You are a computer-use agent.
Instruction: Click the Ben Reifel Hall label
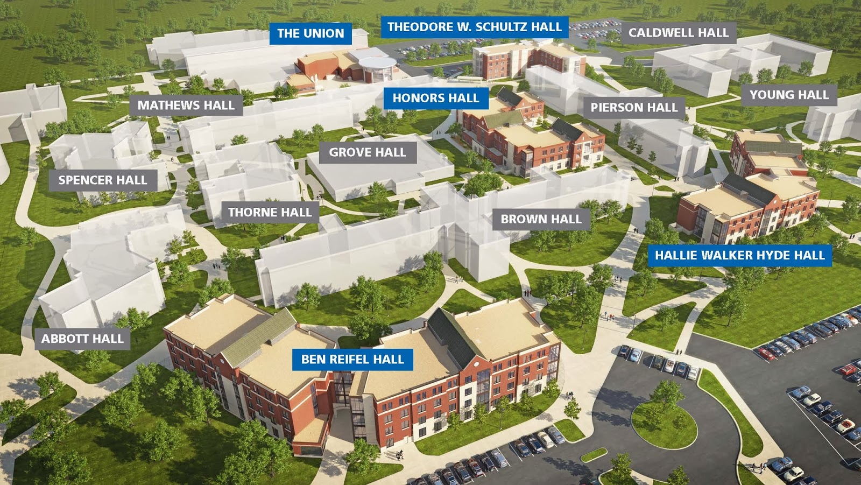pos(352,360)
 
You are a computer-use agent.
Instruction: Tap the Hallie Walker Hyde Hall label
pos(739,255)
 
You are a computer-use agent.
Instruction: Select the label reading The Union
pos(310,33)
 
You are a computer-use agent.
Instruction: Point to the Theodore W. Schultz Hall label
pos(474,27)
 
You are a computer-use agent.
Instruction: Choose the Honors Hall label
pos(435,98)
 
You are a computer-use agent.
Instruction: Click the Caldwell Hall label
pos(678,33)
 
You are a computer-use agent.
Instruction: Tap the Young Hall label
pos(789,95)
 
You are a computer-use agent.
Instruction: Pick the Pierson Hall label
pos(634,108)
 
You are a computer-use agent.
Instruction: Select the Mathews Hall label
pos(186,106)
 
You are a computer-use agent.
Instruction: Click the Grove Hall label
pos(368,153)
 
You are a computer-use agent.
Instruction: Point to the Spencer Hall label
pos(102,180)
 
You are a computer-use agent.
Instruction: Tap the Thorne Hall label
pos(270,213)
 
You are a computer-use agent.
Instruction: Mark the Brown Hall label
pos(541,220)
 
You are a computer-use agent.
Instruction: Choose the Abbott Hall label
pos(82,339)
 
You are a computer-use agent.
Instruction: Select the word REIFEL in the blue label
pos(352,360)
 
